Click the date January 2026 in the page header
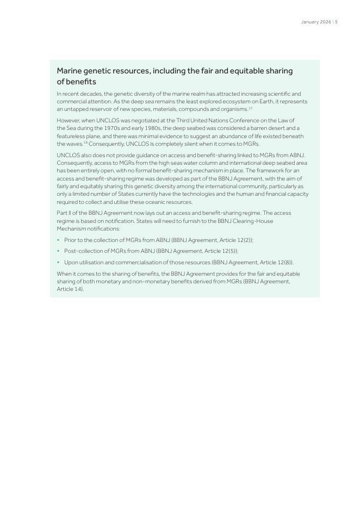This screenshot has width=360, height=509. pyautogui.click(x=315, y=22)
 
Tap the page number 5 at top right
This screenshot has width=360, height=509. pyautogui.click(x=336, y=22)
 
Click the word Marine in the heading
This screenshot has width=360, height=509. pyautogui.click(x=71, y=71)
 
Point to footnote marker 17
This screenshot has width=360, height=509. pyautogui.click(x=250, y=108)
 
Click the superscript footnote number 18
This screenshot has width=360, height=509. pyautogui.click(x=85, y=142)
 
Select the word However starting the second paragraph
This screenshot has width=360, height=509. pyautogui.click(x=69, y=120)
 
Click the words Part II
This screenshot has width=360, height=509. pyautogui.click(x=64, y=213)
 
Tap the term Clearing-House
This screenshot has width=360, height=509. pyautogui.click(x=253, y=221)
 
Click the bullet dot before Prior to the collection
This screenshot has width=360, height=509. pyautogui.click(x=58, y=240)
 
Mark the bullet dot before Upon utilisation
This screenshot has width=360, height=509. pyautogui.click(x=58, y=262)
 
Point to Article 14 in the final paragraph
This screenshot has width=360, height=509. pyautogui.click(x=70, y=289)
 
